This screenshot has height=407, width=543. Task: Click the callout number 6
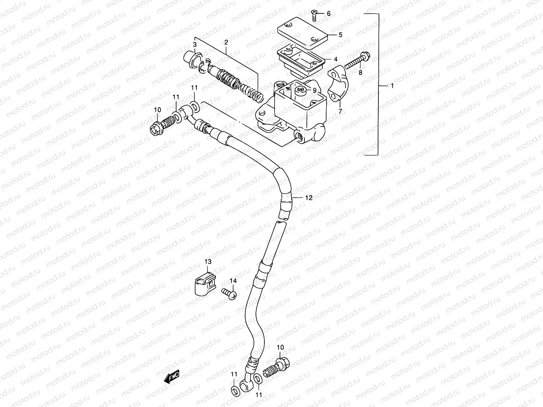(x=329, y=14)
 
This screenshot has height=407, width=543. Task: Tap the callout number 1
(x=392, y=86)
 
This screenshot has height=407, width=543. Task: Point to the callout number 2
(x=226, y=42)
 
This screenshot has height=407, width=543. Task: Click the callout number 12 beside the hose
(x=308, y=198)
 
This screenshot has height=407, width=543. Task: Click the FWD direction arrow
(x=172, y=376)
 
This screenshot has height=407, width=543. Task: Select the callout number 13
(x=208, y=261)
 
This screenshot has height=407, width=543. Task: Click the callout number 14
(x=232, y=280)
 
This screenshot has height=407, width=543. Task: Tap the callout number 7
(x=340, y=111)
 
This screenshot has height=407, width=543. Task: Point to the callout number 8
(x=360, y=73)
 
